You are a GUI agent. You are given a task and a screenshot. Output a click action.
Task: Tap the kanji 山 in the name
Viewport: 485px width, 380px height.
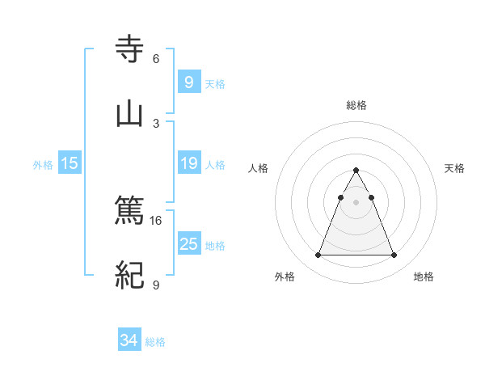129,112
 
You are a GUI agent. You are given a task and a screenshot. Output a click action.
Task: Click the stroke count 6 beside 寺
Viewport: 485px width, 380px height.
156,58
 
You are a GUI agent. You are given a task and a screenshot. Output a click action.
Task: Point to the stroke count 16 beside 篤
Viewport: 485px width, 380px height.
156,220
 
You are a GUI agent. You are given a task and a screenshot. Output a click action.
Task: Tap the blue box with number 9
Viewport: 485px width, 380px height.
188,82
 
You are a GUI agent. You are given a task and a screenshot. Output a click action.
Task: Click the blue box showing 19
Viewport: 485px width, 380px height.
188,163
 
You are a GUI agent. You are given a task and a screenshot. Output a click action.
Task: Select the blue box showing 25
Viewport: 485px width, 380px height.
188,244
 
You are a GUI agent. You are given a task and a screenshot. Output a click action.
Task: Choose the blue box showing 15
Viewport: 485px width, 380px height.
70,163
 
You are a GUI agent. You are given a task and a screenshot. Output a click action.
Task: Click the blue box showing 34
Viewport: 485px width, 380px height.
129,340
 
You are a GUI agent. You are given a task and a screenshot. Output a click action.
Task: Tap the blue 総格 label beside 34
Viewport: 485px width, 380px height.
155,342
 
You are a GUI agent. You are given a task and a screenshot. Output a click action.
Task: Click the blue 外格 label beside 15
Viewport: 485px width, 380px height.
43,165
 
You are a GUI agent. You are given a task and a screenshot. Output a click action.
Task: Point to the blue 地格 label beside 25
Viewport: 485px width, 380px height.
215,246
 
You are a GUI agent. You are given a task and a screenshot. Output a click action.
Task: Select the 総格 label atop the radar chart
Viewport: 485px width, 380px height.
356,105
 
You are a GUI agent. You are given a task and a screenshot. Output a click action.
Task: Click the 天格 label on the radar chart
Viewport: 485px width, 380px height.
455,168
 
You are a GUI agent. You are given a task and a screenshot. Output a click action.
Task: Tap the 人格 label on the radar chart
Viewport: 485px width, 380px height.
259,168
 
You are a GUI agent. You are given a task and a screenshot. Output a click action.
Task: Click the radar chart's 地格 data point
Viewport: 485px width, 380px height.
394,255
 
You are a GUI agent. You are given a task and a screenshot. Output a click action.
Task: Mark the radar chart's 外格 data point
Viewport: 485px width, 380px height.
318,255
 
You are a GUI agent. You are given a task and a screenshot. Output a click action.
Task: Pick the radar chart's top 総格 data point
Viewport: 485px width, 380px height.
356,171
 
